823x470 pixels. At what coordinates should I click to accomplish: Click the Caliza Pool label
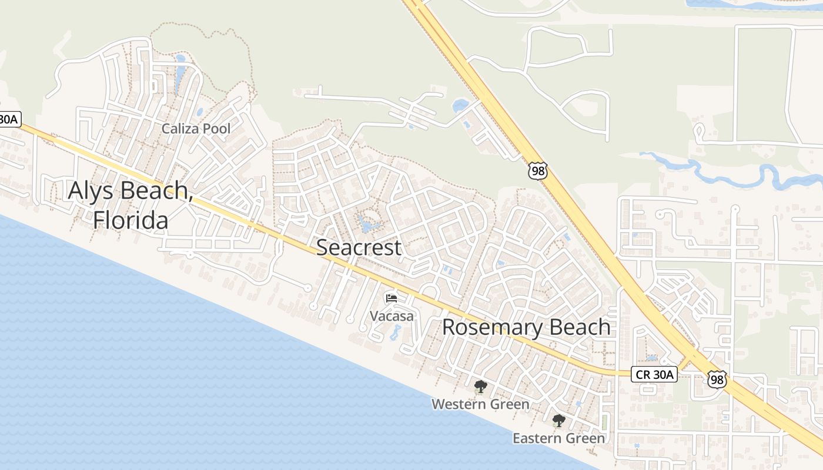[x=196, y=129]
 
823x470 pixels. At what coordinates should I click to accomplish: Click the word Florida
[x=131, y=220]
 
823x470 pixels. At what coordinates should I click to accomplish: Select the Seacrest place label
[x=359, y=247]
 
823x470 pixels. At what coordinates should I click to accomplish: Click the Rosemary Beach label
[x=526, y=327]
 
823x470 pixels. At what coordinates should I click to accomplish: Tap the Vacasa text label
[x=392, y=316]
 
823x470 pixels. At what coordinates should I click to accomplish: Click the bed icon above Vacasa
[x=392, y=298]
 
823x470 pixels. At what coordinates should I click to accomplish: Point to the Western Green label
[x=480, y=404]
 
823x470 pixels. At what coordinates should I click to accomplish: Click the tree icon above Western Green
[x=480, y=387]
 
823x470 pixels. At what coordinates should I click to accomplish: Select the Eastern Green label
[x=558, y=438]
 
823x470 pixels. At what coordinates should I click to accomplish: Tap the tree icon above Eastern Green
[x=558, y=421]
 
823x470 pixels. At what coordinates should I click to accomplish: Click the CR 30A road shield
[x=654, y=374]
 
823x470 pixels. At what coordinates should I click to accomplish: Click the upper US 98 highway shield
[x=538, y=171]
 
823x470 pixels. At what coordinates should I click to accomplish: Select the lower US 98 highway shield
[x=717, y=380]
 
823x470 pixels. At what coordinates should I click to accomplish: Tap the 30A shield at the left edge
[x=9, y=120]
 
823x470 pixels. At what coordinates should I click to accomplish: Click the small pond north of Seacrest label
[x=367, y=226]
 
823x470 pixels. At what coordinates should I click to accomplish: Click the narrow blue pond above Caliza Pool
[x=180, y=73]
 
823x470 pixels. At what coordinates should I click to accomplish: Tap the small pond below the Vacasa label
[x=394, y=334]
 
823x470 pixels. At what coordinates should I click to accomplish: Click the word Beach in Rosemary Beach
[x=579, y=327]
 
